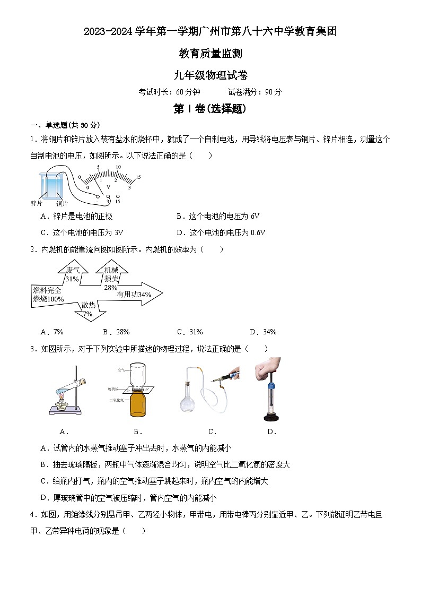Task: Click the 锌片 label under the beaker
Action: click(37, 203)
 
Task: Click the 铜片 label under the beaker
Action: click(62, 204)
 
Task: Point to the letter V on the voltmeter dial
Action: click(108, 187)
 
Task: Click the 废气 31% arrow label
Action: click(73, 274)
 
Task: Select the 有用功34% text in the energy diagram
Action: click(134, 294)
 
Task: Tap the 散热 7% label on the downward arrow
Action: click(88, 309)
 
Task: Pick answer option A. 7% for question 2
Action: click(52, 332)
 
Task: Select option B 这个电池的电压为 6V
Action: click(217, 216)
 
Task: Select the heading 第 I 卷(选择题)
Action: click(210, 109)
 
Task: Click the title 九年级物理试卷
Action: click(210, 75)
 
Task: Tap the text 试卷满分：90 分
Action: click(255, 92)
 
